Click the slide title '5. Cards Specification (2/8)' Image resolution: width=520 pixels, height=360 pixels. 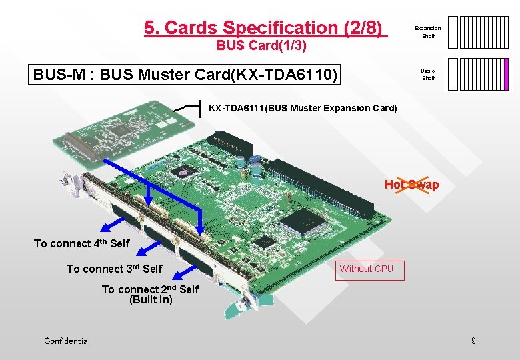click(x=265, y=28)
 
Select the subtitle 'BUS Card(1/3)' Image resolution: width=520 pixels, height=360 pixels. click(x=261, y=47)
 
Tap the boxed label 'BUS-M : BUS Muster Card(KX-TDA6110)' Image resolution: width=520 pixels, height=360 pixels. click(x=185, y=73)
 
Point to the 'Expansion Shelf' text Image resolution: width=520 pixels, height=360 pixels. click(x=427, y=32)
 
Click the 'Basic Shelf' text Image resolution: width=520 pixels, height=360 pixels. click(x=428, y=74)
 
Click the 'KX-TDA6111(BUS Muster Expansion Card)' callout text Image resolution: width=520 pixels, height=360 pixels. click(x=303, y=108)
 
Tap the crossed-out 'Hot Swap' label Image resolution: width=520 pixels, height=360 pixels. click(x=411, y=185)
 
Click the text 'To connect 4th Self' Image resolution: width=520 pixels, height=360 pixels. click(x=81, y=243)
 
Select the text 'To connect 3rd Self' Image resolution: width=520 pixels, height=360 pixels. click(x=114, y=269)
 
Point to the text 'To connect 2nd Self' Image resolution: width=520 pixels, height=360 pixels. click(x=150, y=289)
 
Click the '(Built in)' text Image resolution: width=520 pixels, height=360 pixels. click(x=151, y=300)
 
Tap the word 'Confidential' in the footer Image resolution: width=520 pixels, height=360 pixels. click(x=67, y=341)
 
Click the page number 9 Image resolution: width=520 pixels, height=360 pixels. click(x=473, y=341)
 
